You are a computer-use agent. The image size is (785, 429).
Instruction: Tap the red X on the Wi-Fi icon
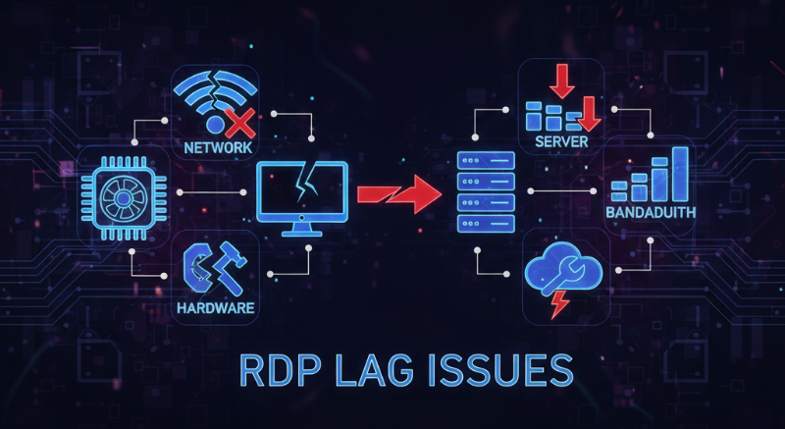238,123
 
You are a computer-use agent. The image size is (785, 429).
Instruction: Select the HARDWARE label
217,309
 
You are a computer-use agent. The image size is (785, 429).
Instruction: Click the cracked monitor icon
302,191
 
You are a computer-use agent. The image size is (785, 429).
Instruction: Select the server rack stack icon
487,192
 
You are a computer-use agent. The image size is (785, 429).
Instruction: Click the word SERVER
561,143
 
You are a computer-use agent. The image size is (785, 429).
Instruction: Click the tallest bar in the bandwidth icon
678,174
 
